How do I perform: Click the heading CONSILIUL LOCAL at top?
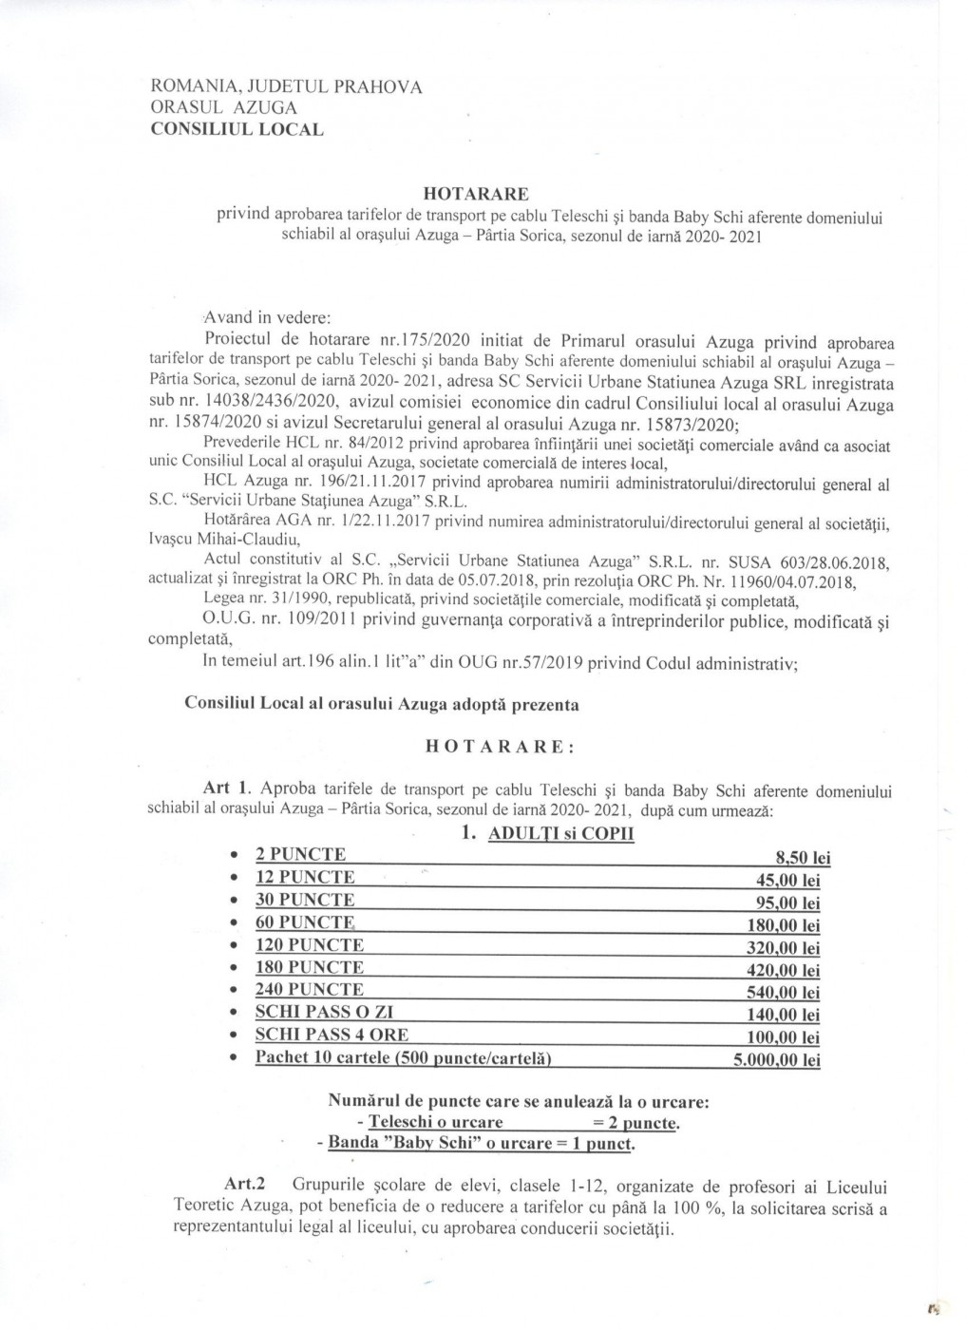[x=237, y=129]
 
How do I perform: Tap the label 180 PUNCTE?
[x=309, y=968]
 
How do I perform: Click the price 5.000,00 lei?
[x=776, y=1060]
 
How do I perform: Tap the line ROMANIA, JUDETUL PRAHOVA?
[x=287, y=86]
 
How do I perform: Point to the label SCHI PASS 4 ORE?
[x=332, y=1035]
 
